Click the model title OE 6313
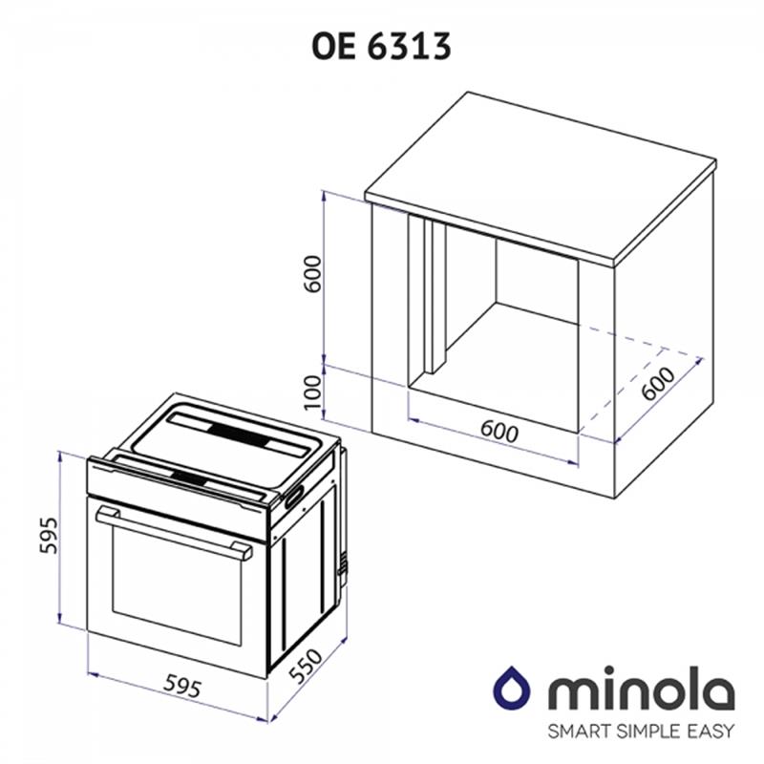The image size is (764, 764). (x=381, y=47)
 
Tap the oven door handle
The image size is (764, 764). (x=174, y=533)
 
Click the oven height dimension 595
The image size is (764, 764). (x=49, y=535)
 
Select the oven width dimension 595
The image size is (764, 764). (x=181, y=686)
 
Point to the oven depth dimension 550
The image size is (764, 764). (x=306, y=666)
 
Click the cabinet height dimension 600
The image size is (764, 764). (x=313, y=273)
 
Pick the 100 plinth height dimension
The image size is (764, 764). (x=313, y=393)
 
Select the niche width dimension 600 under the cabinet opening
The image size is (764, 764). (x=499, y=432)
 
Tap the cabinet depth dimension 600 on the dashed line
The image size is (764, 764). (x=658, y=383)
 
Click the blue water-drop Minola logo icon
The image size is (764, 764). (x=512, y=687)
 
